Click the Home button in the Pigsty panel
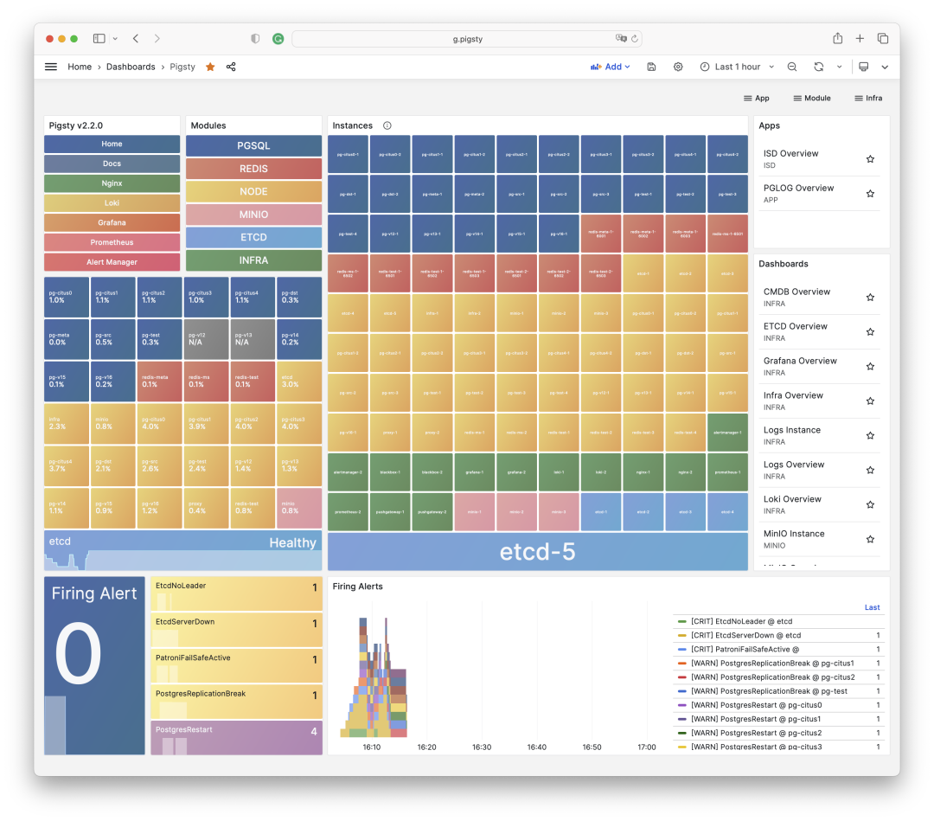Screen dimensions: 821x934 [x=112, y=144]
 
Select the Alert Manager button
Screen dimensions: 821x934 [x=112, y=262]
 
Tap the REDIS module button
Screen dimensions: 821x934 [x=253, y=169]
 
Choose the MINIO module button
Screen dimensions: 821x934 [x=253, y=215]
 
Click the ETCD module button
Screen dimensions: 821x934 [x=253, y=237]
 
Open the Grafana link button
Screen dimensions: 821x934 [x=112, y=223]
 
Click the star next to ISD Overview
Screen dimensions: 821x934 [x=870, y=159]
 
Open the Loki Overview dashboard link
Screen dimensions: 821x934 [x=792, y=499]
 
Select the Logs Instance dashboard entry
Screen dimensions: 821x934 [x=791, y=430]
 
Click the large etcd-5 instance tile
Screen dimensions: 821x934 [x=537, y=552]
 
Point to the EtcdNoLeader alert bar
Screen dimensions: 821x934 [x=236, y=593]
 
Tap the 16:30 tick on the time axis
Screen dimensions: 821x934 [x=482, y=747]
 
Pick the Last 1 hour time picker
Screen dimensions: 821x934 [x=730, y=67]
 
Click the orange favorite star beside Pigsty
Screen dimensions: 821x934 [x=210, y=67]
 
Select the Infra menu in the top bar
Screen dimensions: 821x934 [x=868, y=99]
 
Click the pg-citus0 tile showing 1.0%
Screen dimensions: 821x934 [x=67, y=297]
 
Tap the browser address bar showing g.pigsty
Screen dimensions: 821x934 [x=467, y=39]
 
